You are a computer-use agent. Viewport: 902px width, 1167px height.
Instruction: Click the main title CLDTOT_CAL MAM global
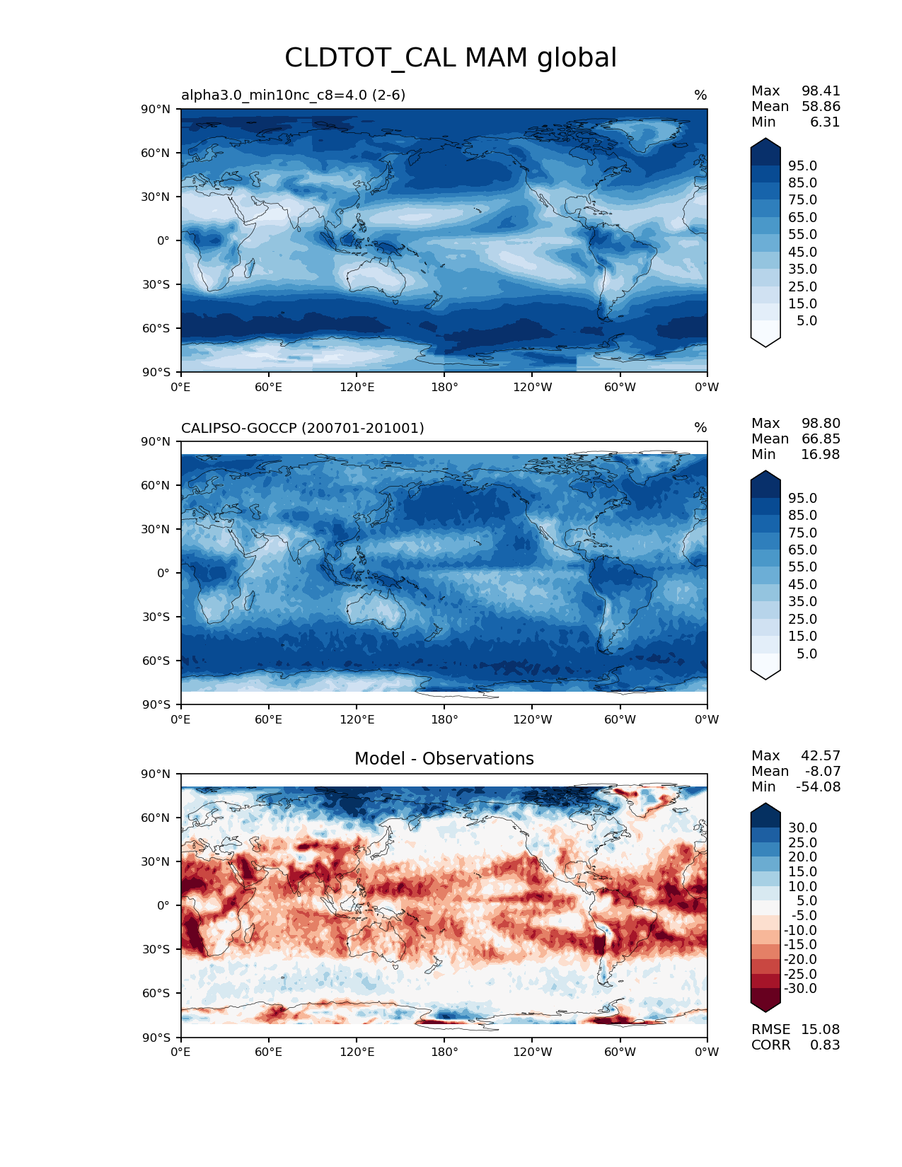point(451,58)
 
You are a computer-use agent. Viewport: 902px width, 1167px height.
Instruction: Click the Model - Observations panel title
point(444,759)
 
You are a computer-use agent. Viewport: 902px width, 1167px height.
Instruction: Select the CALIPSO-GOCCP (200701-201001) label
point(303,428)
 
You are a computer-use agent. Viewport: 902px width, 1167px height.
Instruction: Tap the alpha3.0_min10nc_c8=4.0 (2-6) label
point(293,95)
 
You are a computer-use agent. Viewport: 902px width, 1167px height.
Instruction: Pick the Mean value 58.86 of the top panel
point(821,107)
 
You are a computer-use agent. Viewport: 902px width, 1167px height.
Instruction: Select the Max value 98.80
point(821,424)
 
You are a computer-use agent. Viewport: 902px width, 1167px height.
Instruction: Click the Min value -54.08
point(819,786)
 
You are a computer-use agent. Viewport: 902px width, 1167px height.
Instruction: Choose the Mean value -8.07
point(823,771)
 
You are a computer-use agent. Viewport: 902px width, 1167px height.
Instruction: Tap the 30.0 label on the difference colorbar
point(803,828)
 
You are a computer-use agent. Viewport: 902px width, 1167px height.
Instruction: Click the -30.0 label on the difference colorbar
point(800,988)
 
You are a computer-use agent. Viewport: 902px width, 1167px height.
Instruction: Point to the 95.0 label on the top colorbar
point(803,166)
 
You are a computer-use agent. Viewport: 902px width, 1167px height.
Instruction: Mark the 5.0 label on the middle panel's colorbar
point(806,654)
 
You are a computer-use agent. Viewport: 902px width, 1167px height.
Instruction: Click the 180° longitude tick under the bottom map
point(444,1052)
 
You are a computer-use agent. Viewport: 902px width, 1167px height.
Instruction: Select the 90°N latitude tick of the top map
point(156,109)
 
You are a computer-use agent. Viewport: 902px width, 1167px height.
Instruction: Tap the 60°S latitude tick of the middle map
point(156,661)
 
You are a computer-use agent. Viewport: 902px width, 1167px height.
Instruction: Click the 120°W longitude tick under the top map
point(532,387)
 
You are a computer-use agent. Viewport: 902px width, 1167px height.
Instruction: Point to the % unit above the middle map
point(700,428)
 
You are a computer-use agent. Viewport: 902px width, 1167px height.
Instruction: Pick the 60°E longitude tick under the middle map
point(268,719)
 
